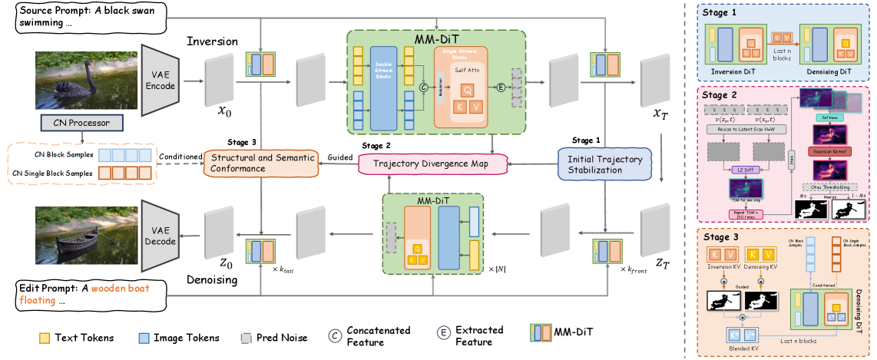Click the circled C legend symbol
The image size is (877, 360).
coord(335,336)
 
